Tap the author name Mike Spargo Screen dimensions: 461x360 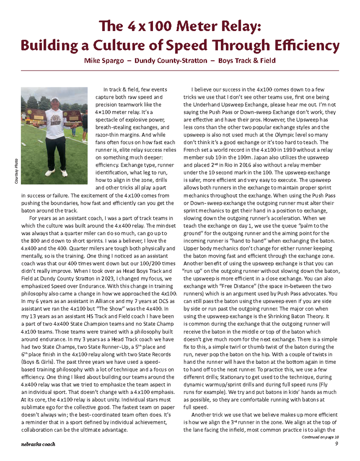point(104,60)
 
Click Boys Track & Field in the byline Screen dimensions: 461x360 point(247,60)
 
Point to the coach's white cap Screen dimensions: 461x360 point(55,99)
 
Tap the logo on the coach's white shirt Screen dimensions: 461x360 point(56,120)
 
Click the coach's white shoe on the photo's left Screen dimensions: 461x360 point(50,172)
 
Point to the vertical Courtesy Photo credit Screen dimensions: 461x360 point(16,171)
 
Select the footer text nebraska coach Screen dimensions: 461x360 point(38,445)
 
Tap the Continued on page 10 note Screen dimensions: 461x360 point(320,437)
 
